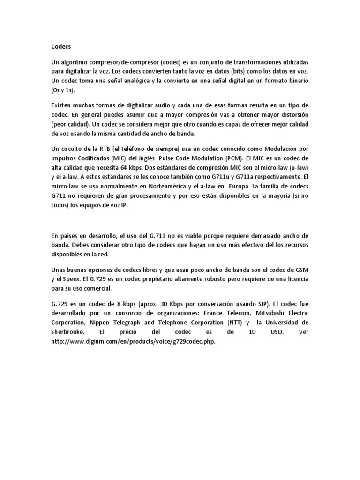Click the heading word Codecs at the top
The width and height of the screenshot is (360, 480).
(61, 47)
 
